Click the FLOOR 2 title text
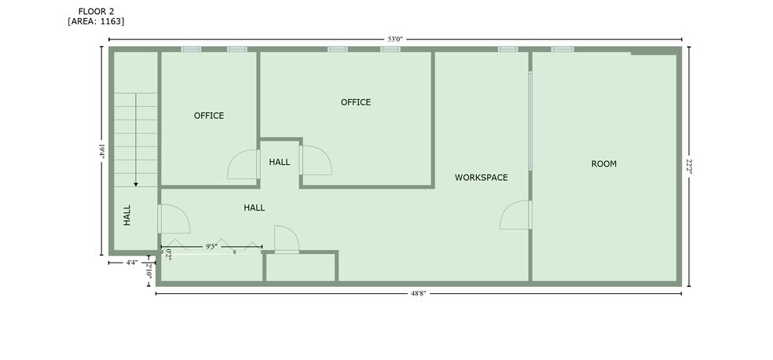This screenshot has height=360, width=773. tap(96, 11)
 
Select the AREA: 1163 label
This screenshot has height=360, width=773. tap(96, 21)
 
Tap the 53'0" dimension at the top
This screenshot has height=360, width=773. tap(393, 39)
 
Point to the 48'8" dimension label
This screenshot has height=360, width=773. tap(419, 293)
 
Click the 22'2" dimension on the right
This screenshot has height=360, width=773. tap(689, 166)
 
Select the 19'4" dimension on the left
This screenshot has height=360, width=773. tap(102, 151)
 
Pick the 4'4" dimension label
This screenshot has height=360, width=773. tap(131, 263)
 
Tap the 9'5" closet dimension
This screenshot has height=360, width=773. tap(211, 246)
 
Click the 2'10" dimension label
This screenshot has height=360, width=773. tap(149, 271)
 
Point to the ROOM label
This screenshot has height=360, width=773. tap(604, 163)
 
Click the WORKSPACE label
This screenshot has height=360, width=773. tap(481, 178)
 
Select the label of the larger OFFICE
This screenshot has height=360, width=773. tap(356, 102)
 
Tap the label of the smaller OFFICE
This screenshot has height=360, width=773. tap(209, 116)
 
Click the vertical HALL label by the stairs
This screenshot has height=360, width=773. tap(127, 215)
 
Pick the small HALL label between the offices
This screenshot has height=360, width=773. tap(280, 162)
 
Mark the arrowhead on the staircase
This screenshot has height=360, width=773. tap(136, 185)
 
